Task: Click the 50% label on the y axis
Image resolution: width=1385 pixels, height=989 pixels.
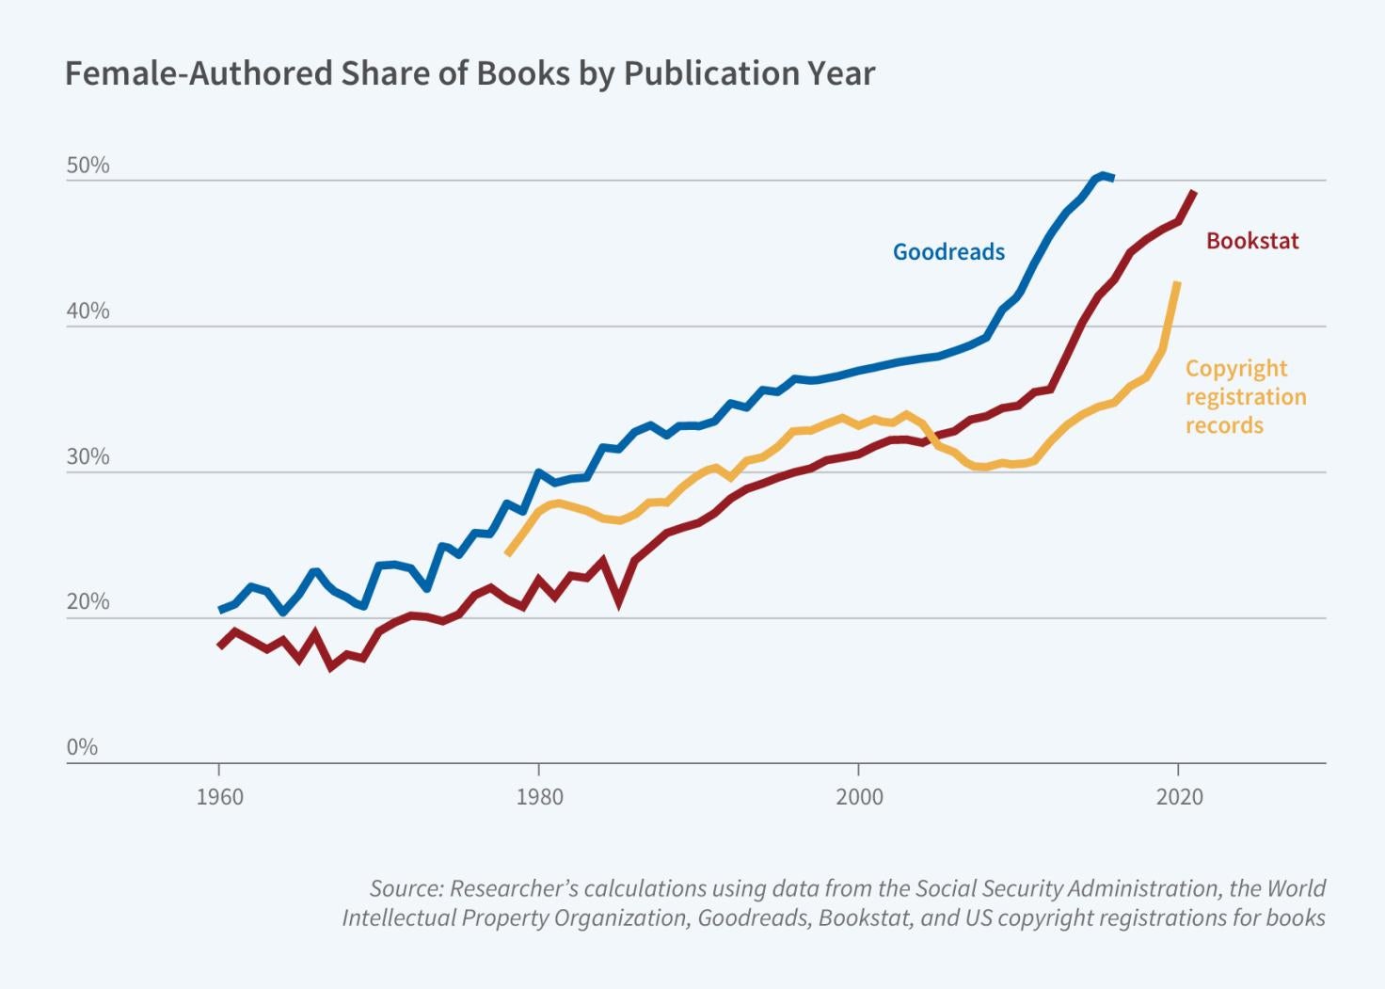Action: point(88,166)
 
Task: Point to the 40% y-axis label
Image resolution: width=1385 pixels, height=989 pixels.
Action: point(88,311)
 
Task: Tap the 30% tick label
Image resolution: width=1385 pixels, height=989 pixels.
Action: point(88,457)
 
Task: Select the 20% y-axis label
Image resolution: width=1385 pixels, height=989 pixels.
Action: point(88,602)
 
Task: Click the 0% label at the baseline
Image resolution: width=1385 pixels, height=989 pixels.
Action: point(82,747)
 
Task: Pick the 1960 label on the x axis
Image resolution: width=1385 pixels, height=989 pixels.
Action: point(219,797)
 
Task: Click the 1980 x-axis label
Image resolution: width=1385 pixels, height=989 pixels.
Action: point(539,797)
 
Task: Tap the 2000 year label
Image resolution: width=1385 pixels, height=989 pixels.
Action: point(859,797)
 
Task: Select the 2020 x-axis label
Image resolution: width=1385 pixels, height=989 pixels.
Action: point(1179,797)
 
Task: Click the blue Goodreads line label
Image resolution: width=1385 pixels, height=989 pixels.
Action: point(948,252)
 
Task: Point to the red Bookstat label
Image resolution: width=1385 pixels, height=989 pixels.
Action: point(1251,241)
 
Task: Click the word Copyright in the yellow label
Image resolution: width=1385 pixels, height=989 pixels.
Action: point(1235,368)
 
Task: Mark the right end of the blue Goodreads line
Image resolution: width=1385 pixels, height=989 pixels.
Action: point(1113,177)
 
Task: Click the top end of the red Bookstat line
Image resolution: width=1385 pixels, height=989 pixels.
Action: point(1194,192)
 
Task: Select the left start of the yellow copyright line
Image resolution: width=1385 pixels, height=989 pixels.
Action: point(507,554)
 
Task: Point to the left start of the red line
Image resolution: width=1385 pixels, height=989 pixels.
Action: point(219,646)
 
